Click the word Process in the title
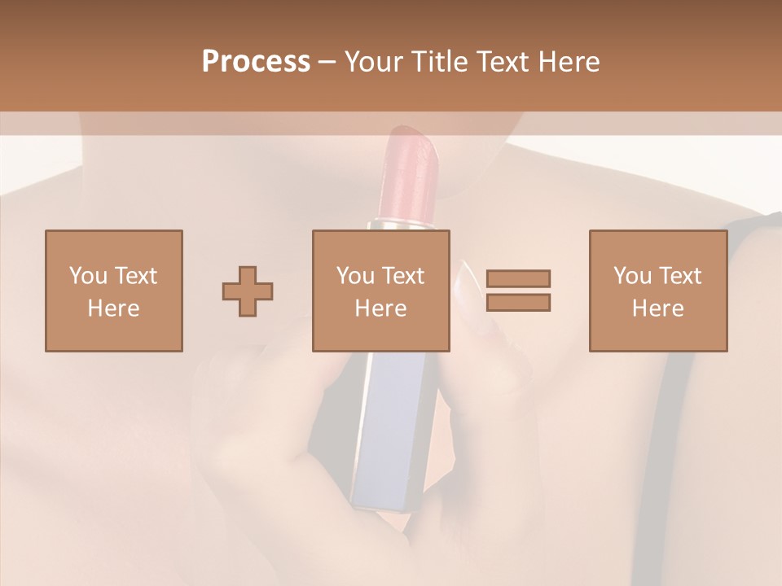click(256, 62)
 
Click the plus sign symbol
click(248, 291)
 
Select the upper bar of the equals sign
click(518, 278)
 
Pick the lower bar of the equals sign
click(518, 302)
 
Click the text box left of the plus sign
click(113, 291)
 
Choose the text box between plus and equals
click(380, 291)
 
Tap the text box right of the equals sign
click(657, 291)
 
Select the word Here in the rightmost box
click(657, 308)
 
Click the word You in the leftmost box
click(88, 275)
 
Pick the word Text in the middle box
click(402, 275)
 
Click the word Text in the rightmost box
click(679, 275)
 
